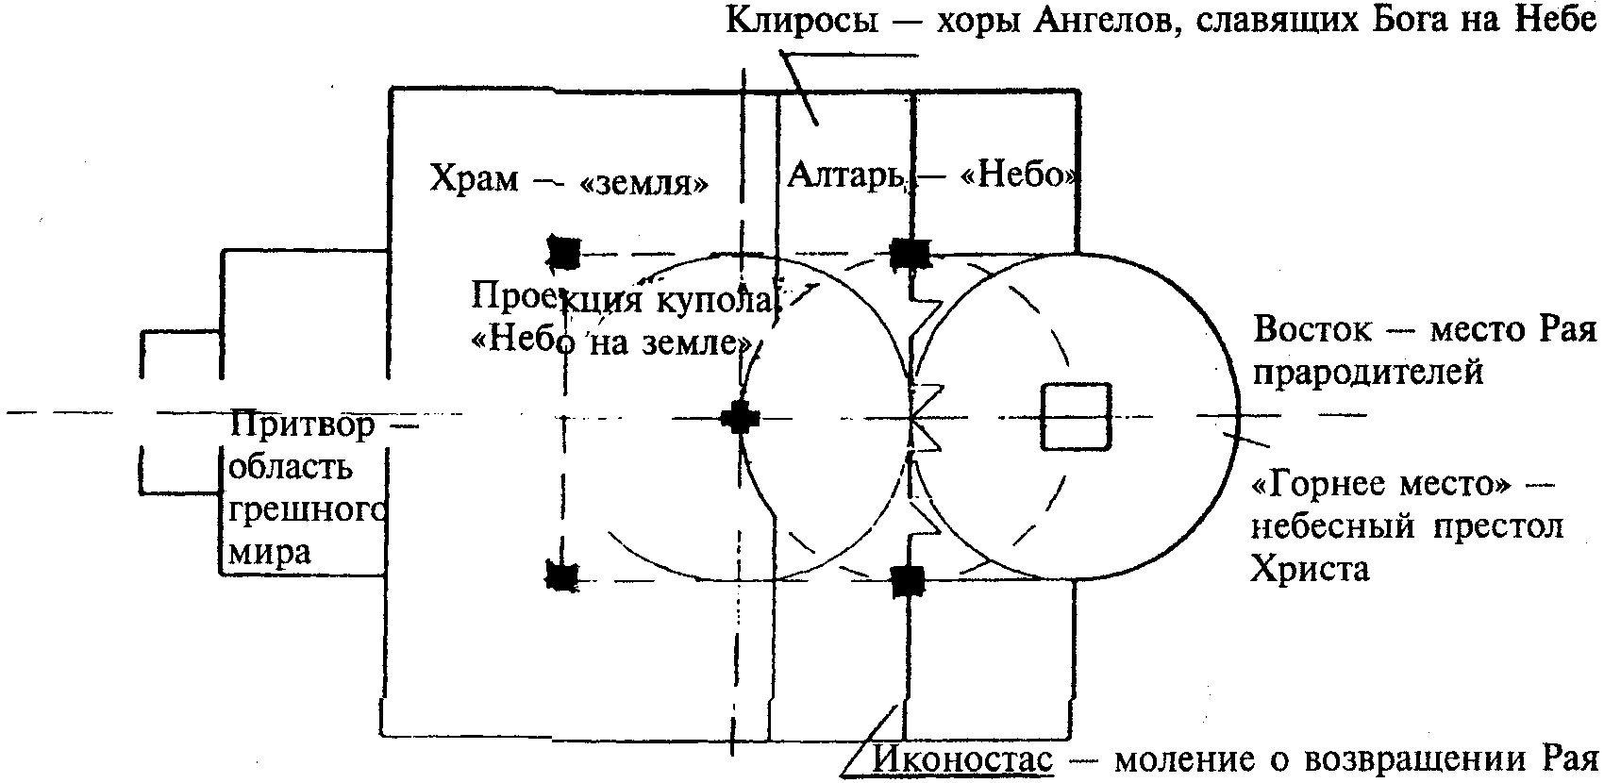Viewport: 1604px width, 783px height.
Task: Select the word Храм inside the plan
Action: (474, 178)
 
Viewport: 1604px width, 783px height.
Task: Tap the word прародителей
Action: (1368, 374)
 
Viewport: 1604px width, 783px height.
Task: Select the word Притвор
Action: (303, 425)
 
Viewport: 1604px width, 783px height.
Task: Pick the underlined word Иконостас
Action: (962, 758)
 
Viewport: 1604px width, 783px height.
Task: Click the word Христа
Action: (1310, 568)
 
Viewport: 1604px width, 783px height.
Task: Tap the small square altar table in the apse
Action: (1075, 417)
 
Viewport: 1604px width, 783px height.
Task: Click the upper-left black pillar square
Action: (565, 252)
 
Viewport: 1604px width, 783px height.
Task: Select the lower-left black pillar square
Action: (563, 575)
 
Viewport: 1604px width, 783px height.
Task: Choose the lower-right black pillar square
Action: (908, 579)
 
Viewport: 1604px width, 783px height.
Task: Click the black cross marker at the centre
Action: (739, 417)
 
